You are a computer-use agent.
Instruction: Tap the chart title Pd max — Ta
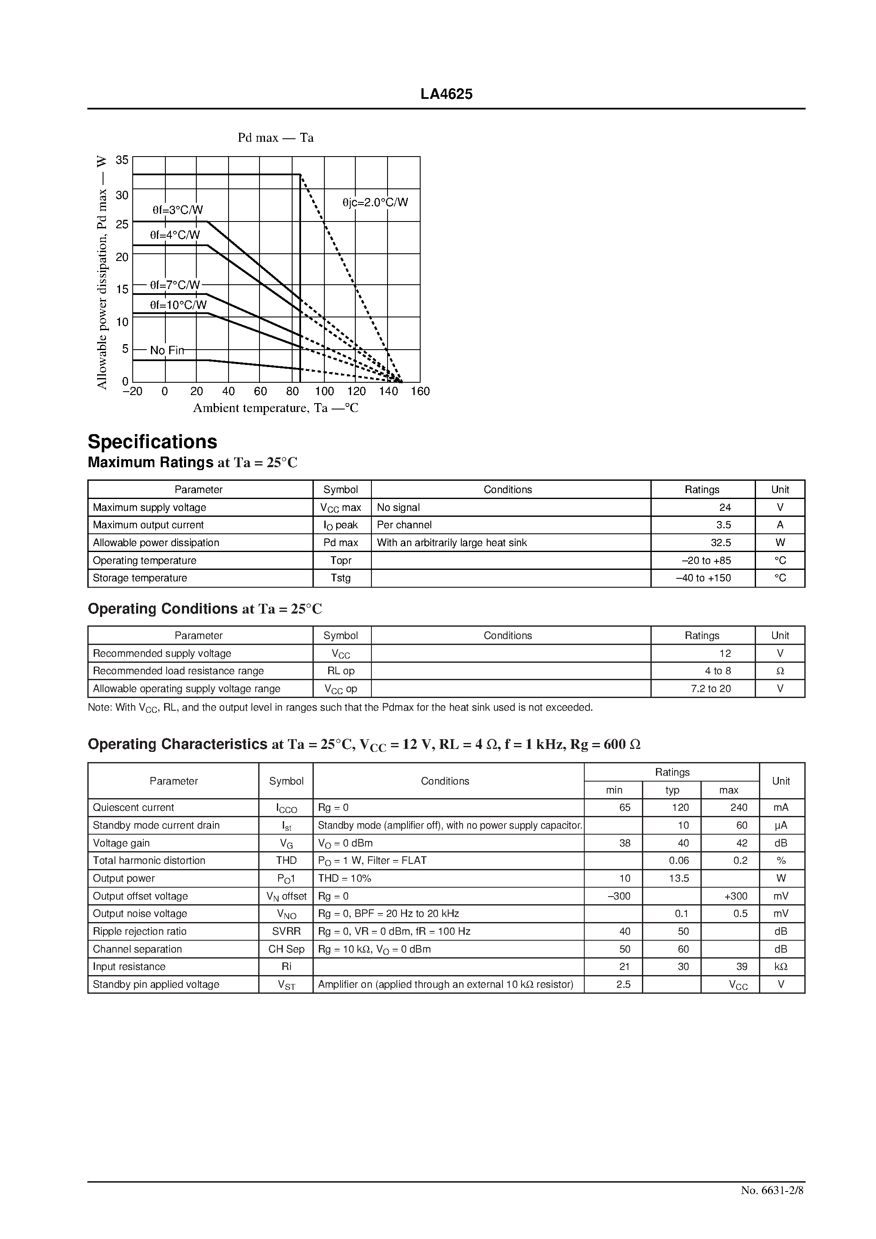pyautogui.click(x=276, y=137)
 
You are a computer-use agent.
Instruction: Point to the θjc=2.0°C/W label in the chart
pyautogui.click(x=375, y=202)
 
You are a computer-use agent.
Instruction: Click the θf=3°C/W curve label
pyautogui.click(x=178, y=210)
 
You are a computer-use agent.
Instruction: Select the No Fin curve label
pyautogui.click(x=167, y=350)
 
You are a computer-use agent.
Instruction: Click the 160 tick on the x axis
pyautogui.click(x=420, y=391)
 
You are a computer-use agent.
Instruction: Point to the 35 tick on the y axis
pyautogui.click(x=123, y=160)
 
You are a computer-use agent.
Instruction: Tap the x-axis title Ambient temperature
pyautogui.click(x=276, y=408)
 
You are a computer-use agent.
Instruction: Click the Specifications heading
pyautogui.click(x=152, y=441)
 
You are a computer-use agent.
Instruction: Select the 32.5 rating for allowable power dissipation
pyautogui.click(x=720, y=542)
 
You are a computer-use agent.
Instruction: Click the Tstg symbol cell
pyautogui.click(x=340, y=578)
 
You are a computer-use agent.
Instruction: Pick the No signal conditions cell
pyautogui.click(x=398, y=507)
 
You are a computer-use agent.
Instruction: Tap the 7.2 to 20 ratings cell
pyautogui.click(x=711, y=689)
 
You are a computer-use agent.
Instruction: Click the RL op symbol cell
pyautogui.click(x=340, y=671)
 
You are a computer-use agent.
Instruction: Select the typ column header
pyautogui.click(x=672, y=790)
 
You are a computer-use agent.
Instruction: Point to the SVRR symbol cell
pyautogui.click(x=287, y=931)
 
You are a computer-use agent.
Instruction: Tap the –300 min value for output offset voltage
pyautogui.click(x=619, y=896)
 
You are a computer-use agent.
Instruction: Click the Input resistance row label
pyautogui.click(x=129, y=967)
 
